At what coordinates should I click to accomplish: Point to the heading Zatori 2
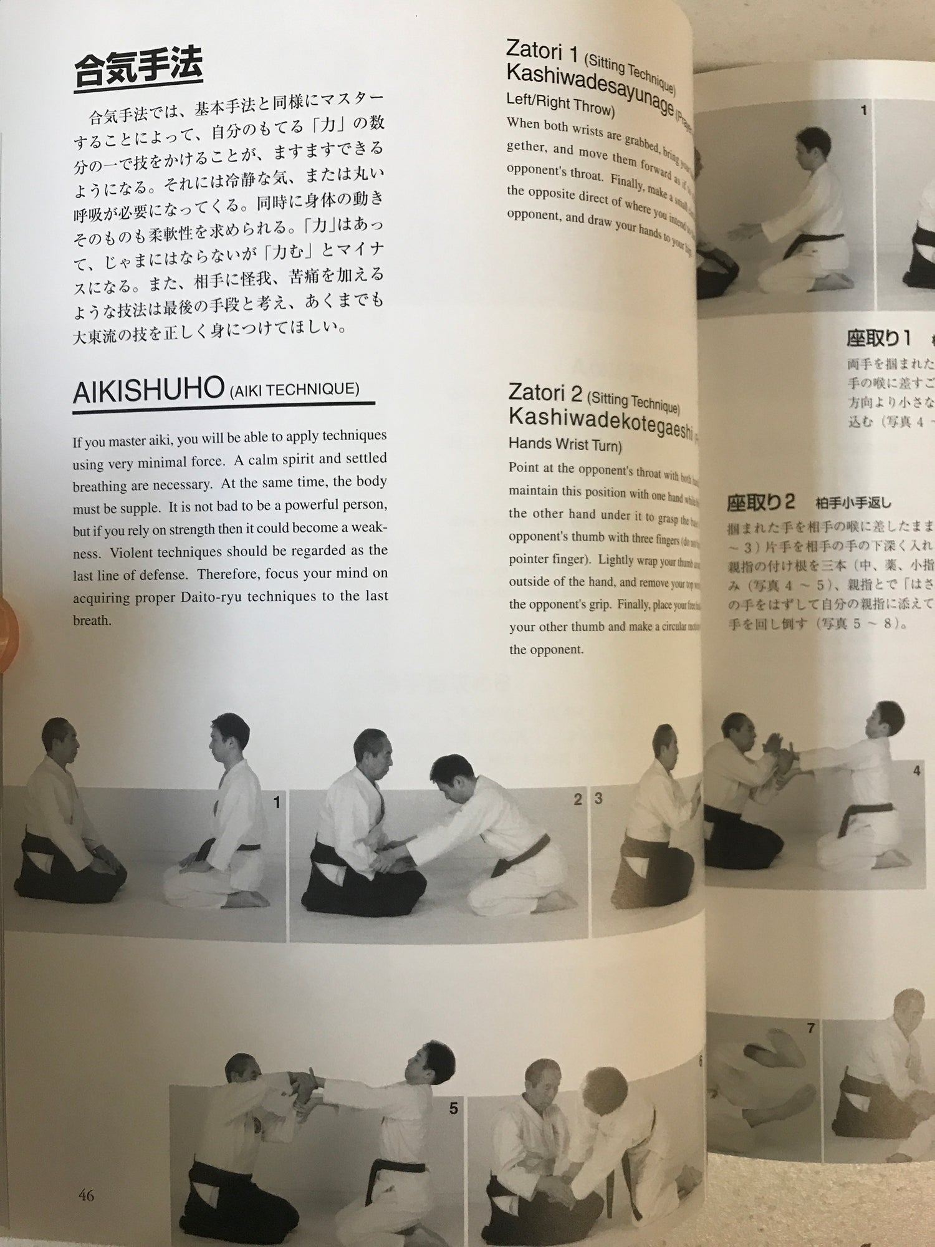(x=544, y=392)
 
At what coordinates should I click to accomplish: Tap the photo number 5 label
(x=453, y=1109)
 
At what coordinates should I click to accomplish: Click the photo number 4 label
(x=916, y=771)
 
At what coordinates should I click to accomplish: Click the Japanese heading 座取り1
(x=878, y=338)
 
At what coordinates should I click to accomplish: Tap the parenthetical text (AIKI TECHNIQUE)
(x=294, y=390)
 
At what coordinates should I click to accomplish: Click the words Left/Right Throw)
(x=560, y=104)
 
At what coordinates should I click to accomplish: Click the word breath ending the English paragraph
(x=91, y=620)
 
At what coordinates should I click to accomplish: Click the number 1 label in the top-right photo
(x=864, y=110)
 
